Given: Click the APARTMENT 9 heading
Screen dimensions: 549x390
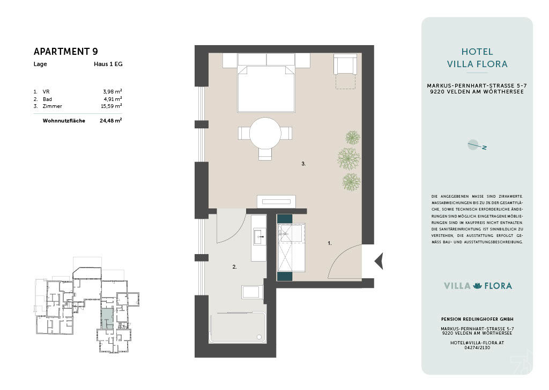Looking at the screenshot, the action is pos(66,52).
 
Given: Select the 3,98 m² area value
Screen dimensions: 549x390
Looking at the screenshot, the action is pos(113,91).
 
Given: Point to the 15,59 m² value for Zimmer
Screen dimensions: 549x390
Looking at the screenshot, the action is pos(112,106).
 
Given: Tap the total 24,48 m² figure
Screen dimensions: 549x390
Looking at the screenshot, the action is pos(110,120).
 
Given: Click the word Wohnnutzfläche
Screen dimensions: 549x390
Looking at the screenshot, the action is pos(64,121).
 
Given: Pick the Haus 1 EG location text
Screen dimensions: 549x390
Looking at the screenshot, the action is pos(108,64).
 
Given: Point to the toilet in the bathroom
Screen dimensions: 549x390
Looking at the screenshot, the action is pos(252,292).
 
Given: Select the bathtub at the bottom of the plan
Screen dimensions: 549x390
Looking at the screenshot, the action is pos(238,327).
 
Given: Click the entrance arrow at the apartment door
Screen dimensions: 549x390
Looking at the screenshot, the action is pos(379,261).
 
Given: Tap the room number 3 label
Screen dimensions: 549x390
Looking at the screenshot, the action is pos(303,164).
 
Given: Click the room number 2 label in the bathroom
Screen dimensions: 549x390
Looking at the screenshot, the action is pos(235,267).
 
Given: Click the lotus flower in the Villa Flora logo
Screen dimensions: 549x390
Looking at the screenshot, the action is pos(477,286).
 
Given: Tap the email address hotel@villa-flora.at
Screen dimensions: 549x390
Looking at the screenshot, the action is pos(477,343).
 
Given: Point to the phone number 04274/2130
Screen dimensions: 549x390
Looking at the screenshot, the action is pos(477,348).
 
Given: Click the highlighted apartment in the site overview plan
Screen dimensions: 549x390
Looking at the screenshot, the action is pos(107,319).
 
